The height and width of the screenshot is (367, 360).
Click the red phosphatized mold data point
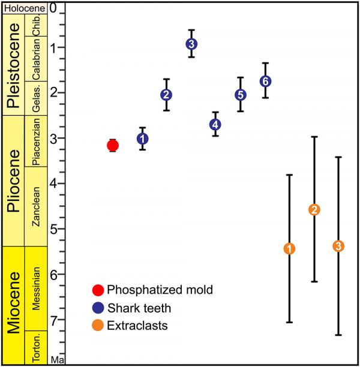112,145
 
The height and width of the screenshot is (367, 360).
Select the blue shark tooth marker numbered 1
142,139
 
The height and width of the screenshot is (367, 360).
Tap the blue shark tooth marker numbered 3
191,44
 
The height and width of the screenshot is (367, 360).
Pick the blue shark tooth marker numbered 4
215,124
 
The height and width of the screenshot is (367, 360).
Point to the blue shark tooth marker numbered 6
265,81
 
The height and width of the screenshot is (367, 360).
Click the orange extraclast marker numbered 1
289,248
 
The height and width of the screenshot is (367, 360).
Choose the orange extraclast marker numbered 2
314,209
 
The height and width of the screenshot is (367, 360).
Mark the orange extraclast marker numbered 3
338,246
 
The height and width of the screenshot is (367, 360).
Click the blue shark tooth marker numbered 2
167,95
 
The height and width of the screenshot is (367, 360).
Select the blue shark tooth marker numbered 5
240,95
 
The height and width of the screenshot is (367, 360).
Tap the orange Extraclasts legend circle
98,326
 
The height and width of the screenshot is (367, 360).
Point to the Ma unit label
56,360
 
